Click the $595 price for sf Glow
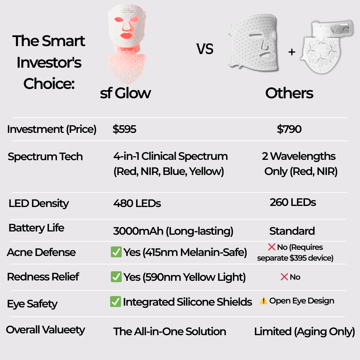(125, 130)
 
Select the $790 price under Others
(289, 130)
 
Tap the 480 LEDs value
(137, 203)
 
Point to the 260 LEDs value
(293, 202)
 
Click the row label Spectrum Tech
(45, 157)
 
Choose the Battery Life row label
(36, 228)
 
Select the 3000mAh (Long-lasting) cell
(173, 231)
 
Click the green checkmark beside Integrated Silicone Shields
(115, 302)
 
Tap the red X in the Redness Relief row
(284, 277)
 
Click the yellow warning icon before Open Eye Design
(264, 301)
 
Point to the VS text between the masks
(205, 49)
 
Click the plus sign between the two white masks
(292, 52)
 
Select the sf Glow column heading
(125, 93)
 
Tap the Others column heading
(289, 93)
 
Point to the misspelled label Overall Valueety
(45, 330)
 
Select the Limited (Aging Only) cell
(305, 332)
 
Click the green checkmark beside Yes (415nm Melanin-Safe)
(116, 252)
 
